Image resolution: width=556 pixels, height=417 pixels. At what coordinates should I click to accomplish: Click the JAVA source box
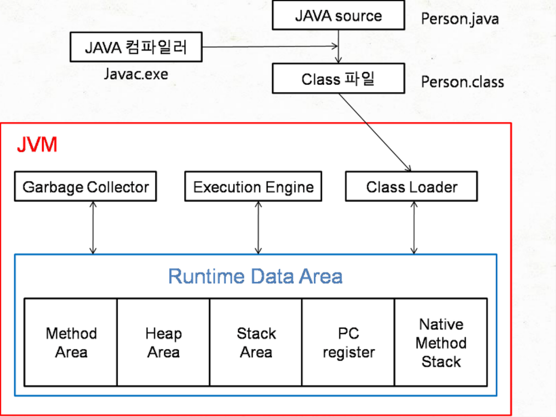(x=338, y=15)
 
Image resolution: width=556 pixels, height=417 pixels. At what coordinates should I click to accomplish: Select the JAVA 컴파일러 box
(x=136, y=47)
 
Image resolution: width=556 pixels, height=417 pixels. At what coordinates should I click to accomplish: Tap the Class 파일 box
(x=338, y=78)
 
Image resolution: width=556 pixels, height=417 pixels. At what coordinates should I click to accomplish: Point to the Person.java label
(x=460, y=19)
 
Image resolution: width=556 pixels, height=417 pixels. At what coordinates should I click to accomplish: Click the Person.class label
(x=463, y=82)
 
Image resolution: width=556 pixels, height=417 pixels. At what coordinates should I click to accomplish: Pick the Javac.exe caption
(x=136, y=74)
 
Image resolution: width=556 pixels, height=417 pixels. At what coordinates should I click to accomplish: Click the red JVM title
(x=37, y=144)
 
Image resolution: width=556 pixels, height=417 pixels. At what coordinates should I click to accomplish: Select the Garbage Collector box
(x=85, y=186)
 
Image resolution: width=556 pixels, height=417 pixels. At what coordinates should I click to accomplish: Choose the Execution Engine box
(x=254, y=186)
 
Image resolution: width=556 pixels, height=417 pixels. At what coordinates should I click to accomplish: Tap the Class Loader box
(x=412, y=186)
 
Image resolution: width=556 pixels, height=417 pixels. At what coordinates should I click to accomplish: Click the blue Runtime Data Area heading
(x=255, y=276)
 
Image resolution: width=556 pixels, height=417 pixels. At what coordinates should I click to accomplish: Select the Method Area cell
(x=71, y=342)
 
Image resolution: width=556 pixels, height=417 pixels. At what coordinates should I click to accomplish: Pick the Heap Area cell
(x=163, y=342)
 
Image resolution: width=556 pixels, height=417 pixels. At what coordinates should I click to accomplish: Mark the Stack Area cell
(x=256, y=342)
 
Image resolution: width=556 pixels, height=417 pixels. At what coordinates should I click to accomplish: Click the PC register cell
(x=348, y=342)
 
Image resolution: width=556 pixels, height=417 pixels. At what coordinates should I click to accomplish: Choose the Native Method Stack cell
(x=441, y=342)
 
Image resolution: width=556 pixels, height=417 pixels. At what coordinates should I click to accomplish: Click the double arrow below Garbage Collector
(x=93, y=228)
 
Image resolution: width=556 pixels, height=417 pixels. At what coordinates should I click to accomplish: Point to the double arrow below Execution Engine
(x=258, y=228)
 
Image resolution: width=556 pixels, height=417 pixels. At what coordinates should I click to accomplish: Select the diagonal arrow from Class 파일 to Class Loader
(x=375, y=132)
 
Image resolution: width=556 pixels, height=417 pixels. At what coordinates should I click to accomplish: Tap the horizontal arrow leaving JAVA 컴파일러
(x=270, y=46)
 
